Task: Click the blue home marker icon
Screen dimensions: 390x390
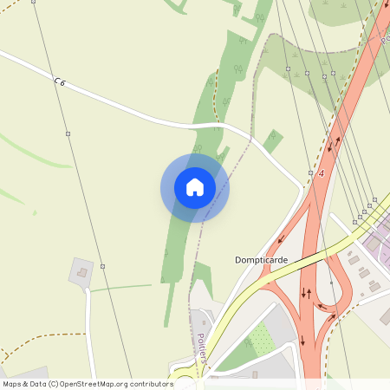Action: [194, 187]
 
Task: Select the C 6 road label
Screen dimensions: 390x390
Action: [60, 81]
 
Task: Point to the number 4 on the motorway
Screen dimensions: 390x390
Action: [320, 174]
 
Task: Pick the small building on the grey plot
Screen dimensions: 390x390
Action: [82, 272]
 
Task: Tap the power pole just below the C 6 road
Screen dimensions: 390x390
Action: [68, 133]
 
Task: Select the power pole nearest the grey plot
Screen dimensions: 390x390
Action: [102, 266]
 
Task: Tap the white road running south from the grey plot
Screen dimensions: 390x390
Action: [89, 329]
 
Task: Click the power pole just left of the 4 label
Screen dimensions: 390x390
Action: [309, 172]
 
